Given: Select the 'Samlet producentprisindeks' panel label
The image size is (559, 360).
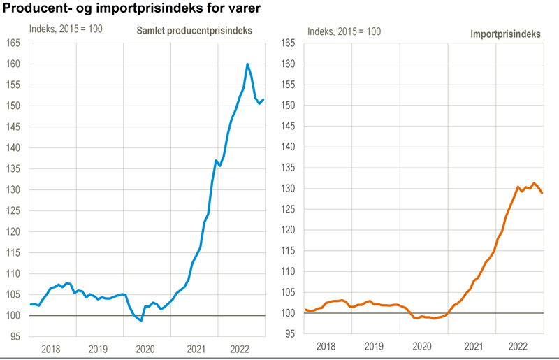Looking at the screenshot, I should (x=194, y=31).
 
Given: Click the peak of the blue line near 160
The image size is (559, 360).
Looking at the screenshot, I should (x=247, y=64).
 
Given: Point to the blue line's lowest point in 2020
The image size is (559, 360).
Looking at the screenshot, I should (x=141, y=321).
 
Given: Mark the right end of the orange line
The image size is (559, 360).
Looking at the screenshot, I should (x=542, y=193).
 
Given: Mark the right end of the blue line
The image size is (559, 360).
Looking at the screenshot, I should (x=263, y=99).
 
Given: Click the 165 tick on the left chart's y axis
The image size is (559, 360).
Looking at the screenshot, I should (x=15, y=43).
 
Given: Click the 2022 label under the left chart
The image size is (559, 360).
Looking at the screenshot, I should (x=240, y=348).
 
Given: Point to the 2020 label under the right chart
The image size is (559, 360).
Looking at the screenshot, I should (x=422, y=346).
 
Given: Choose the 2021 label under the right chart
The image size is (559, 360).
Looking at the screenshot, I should (x=473, y=346).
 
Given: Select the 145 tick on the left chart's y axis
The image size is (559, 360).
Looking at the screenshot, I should (x=15, y=127).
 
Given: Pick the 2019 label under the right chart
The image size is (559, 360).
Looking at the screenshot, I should (x=375, y=346).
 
